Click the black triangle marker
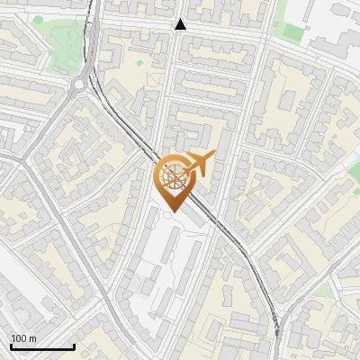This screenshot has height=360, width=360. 181,24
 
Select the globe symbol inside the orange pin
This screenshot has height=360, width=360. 174,175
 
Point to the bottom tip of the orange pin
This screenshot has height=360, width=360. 174,212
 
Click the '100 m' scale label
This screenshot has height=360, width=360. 24,338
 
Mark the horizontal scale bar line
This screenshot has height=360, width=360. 42,346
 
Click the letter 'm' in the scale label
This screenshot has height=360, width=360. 33,338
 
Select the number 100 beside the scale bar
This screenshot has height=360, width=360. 19,338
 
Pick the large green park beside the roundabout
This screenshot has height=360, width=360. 58,45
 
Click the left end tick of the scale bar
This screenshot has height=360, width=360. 11,345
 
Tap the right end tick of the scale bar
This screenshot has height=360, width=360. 74,345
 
